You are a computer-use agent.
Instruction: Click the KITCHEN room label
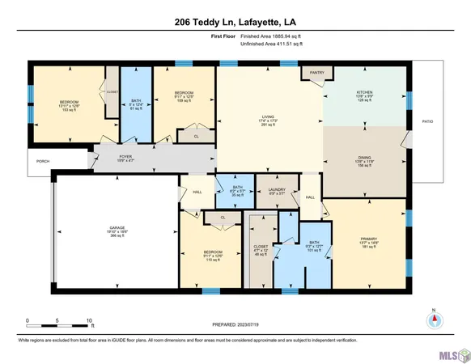363,94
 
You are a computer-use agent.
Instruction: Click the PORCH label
43,161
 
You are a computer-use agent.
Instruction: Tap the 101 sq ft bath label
309,247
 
